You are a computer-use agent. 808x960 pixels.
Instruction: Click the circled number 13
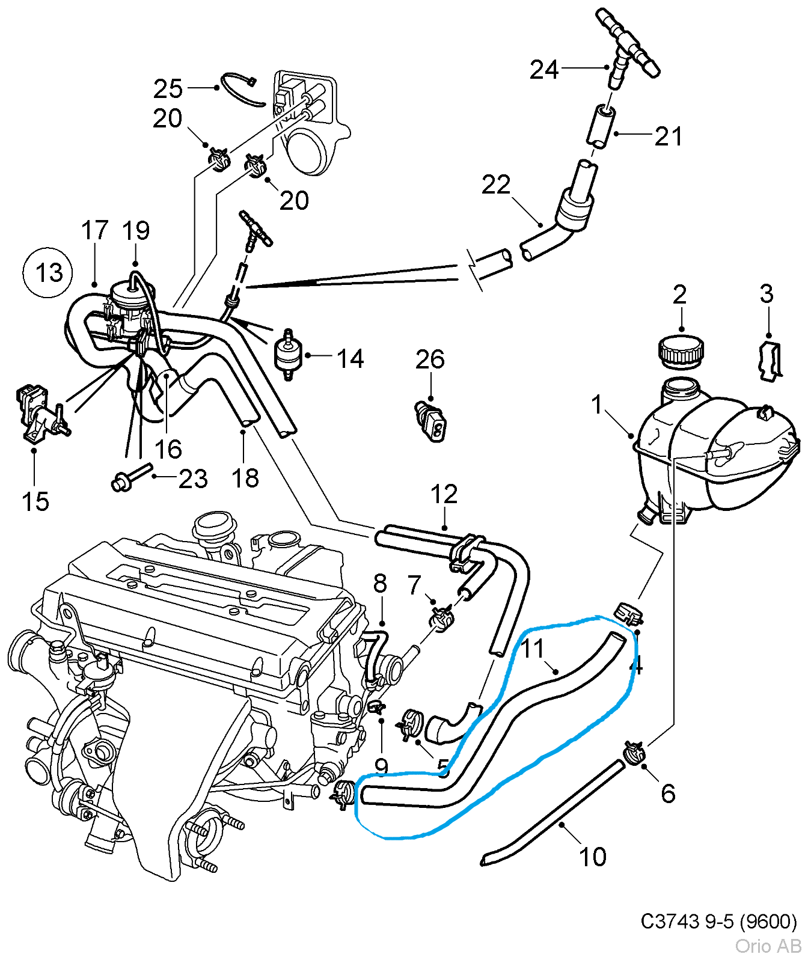point(48,273)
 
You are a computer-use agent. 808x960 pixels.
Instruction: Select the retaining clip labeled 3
point(770,361)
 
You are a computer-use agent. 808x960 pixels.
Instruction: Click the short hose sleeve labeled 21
point(601,125)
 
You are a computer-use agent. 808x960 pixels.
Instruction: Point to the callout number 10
point(592,857)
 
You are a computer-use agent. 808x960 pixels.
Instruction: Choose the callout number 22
point(495,185)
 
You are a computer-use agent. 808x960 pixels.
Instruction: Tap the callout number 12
point(444,494)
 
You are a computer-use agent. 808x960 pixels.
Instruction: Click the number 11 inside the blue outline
point(532,649)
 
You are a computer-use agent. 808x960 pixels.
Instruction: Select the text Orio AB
point(768,946)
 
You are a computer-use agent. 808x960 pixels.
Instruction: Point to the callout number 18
point(245,478)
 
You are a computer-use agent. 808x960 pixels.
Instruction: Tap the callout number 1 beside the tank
point(596,405)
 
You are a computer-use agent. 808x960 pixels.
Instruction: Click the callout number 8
point(380,582)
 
